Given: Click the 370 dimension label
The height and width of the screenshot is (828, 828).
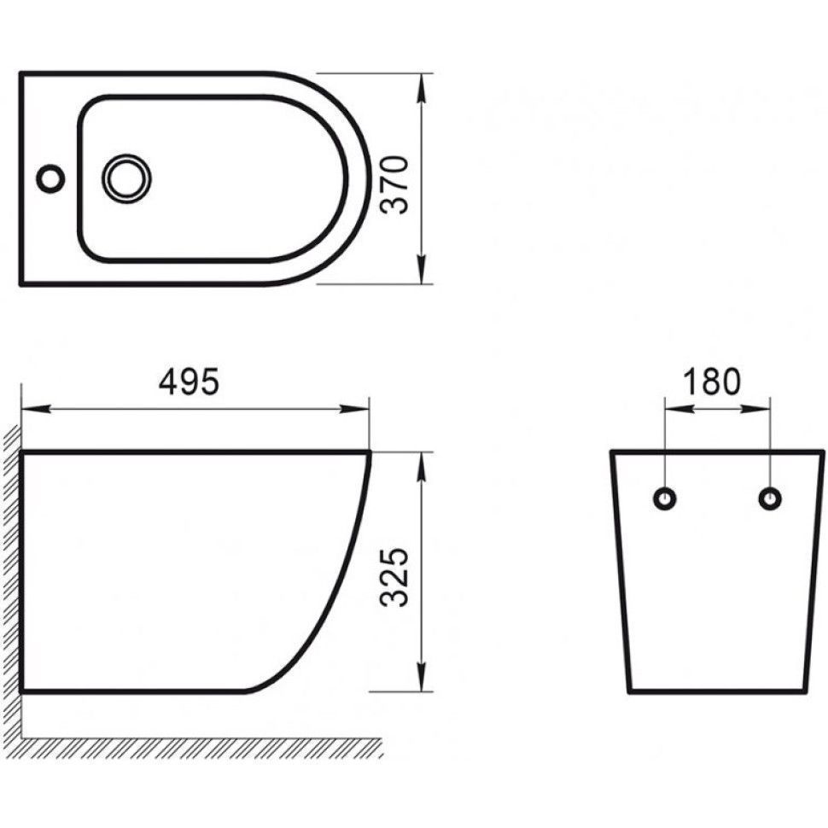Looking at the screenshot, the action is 395,184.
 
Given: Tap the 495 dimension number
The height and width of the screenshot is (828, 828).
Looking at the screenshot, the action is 189,382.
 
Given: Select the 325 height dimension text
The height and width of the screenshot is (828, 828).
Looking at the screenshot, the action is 395,577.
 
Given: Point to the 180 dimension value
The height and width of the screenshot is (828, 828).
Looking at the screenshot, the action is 712,382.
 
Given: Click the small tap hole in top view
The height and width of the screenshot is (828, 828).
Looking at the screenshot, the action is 50,178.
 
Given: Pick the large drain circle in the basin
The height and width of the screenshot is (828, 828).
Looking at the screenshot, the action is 126,179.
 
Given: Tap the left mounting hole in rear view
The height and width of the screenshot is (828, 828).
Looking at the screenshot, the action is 665,499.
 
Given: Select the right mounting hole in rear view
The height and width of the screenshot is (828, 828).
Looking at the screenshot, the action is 770,499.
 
